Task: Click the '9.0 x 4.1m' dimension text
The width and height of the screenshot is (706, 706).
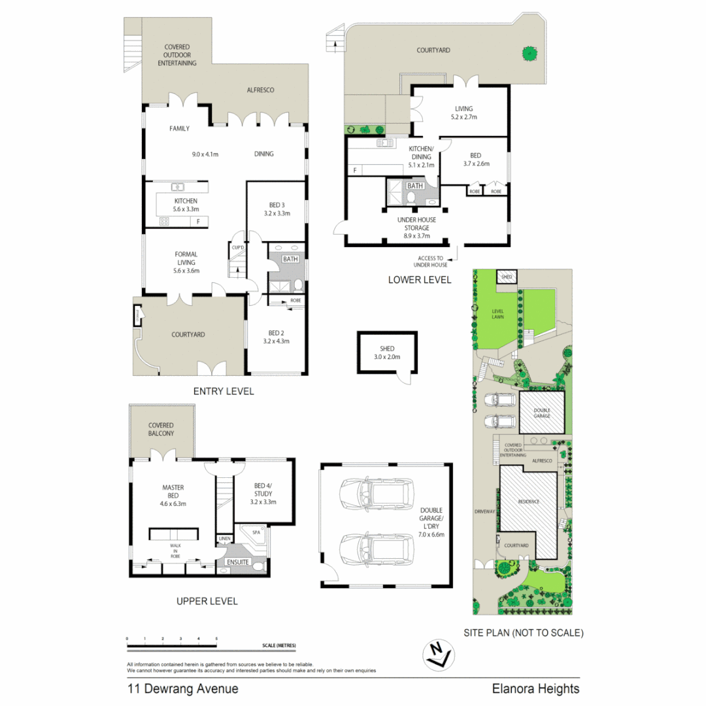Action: coord(205,154)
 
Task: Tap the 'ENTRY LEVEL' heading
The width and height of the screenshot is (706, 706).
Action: coord(223,392)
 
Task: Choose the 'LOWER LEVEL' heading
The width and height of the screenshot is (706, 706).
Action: coord(420,280)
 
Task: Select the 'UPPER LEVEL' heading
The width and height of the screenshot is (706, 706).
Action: coord(207,601)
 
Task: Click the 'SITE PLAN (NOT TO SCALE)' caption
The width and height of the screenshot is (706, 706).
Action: coord(523,633)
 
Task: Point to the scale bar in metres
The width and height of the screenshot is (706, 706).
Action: coord(172,645)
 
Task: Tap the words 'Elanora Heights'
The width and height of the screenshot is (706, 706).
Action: coord(535,688)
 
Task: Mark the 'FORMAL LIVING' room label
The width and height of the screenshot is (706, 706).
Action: coord(186,258)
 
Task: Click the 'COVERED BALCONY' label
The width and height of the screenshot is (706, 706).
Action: coord(161,429)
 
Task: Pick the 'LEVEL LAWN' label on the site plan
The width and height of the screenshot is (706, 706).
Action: coord(499,314)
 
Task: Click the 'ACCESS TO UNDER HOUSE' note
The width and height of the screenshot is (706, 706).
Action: coord(431,261)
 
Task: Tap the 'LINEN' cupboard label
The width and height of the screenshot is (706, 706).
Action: coord(225,539)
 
